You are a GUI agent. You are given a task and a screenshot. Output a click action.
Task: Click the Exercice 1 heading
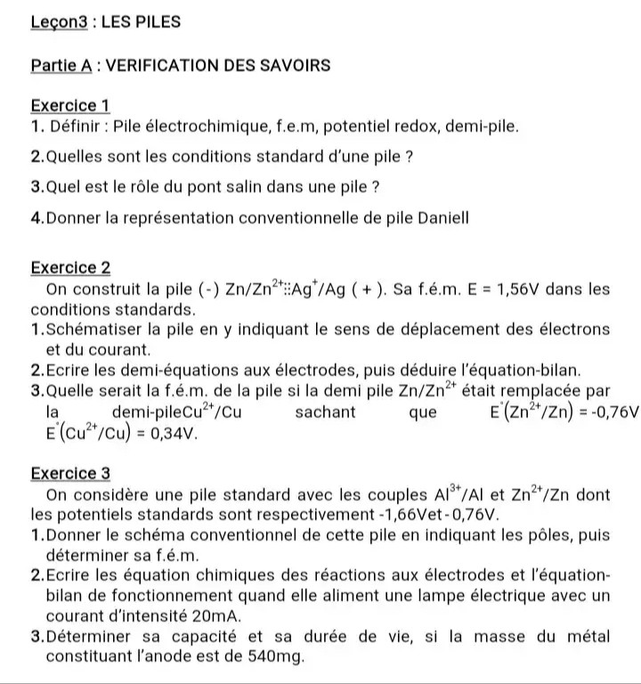(x=69, y=106)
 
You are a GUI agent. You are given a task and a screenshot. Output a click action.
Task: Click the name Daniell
(x=442, y=218)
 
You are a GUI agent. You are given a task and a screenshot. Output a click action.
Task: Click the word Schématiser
(x=93, y=330)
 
